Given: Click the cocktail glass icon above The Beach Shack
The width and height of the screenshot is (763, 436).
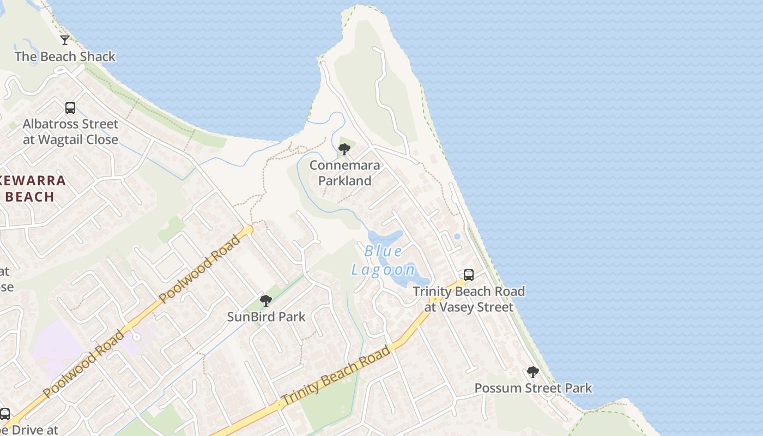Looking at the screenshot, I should point(65,40).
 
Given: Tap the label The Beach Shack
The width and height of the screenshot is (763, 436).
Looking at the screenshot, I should point(65,57).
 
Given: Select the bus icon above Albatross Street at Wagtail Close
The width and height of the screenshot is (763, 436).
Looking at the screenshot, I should point(70,108).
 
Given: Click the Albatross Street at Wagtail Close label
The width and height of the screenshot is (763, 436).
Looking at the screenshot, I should point(70,132).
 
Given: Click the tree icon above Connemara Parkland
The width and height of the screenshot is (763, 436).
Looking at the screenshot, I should point(344,149).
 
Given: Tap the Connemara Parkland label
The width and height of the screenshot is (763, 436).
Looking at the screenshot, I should point(344,173).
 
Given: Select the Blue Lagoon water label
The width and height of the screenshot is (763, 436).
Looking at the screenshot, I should point(383,261).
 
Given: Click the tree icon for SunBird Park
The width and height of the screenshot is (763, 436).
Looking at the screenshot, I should point(266,301).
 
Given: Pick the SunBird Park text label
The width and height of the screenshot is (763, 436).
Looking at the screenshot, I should point(266,317).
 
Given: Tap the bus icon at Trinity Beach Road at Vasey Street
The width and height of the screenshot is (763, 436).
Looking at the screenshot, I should point(469,275).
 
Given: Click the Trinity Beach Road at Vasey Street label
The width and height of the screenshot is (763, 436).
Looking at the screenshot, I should point(469,299).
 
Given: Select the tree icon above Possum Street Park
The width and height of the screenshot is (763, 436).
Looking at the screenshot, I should point(532,373).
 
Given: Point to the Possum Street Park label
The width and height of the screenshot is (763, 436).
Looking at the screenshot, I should point(532,389).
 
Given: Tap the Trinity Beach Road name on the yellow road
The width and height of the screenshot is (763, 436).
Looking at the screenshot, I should point(336,376).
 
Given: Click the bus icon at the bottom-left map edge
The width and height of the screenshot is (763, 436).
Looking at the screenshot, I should point(5,414).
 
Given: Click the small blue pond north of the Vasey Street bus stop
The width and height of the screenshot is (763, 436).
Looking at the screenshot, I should point(457,237).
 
